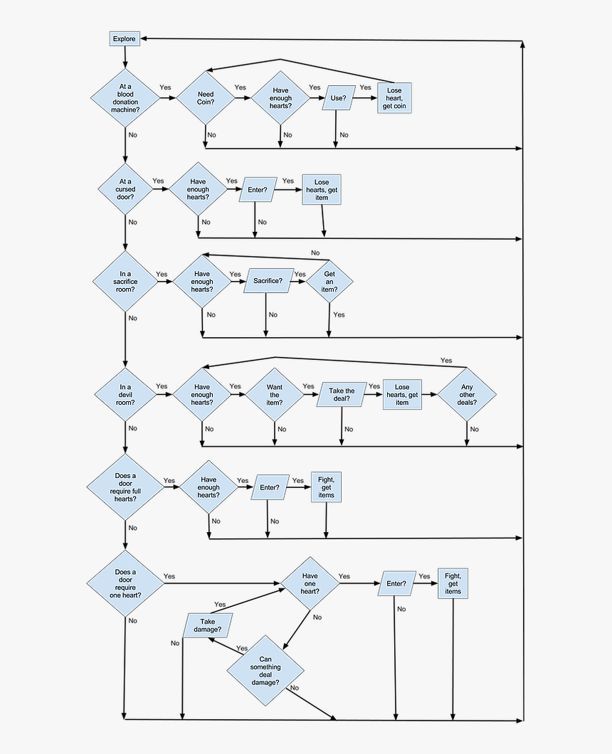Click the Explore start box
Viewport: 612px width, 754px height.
[x=124, y=38]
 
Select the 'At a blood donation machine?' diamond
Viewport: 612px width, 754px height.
[x=125, y=99]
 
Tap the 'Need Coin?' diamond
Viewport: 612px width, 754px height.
[x=206, y=99]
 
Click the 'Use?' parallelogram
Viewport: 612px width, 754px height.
[x=339, y=99]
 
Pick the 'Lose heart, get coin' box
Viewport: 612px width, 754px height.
[x=394, y=98]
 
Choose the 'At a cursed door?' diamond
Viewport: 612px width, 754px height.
[x=125, y=189]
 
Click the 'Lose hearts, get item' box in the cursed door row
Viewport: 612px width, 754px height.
[x=322, y=190]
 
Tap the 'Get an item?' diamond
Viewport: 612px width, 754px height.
[x=329, y=282]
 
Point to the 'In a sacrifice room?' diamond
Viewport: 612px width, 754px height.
[x=125, y=282]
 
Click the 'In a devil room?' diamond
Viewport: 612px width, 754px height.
[x=125, y=394]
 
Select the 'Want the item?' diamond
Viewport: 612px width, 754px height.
[x=275, y=395]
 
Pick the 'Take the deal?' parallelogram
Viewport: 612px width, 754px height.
[x=341, y=395]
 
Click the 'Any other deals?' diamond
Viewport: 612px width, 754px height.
[x=467, y=395]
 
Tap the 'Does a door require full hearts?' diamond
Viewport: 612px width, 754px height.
[x=125, y=487]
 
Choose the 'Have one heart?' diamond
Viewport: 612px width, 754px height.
[x=310, y=584]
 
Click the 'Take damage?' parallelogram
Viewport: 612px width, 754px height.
[x=207, y=625]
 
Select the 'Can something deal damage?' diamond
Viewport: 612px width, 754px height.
[x=265, y=671]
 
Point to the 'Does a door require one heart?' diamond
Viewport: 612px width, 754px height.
[x=125, y=584]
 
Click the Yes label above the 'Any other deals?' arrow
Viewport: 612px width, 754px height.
[x=446, y=361]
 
